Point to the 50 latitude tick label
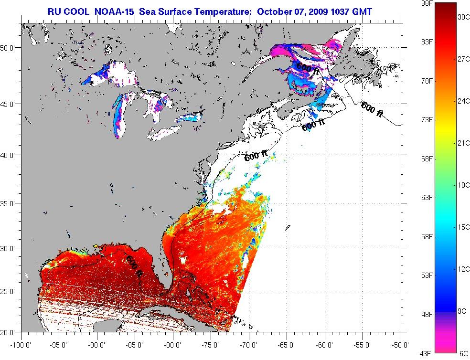11,48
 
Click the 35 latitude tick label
11,203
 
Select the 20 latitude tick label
11,332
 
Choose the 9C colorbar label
461,311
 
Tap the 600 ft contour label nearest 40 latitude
256,156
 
